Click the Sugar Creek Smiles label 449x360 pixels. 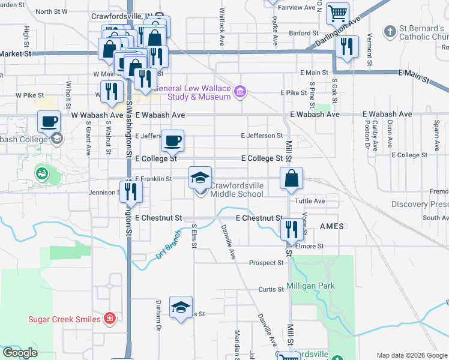coord(64,319)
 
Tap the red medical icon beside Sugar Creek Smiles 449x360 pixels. coord(110,319)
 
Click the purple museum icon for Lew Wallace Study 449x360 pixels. coord(240,91)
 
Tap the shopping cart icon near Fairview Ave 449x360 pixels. coord(338,13)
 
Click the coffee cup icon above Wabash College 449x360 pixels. coord(49,122)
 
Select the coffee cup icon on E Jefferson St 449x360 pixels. coord(173,141)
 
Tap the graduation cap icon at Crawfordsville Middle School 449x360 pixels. coord(200,178)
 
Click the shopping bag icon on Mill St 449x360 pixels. coord(291,179)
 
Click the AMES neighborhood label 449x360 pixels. coord(331,226)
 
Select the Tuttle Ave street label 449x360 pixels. coord(312,201)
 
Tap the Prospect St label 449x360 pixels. coord(267,263)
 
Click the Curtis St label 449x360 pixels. coord(271,289)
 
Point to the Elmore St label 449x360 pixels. coord(310,246)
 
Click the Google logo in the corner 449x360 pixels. coord(20,353)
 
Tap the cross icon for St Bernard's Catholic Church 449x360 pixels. coord(390,30)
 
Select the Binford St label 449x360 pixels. coord(303,34)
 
